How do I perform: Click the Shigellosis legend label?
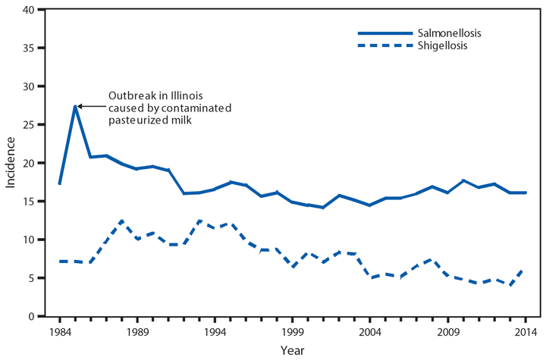click(442, 45)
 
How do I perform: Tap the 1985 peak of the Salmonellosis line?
click(75, 106)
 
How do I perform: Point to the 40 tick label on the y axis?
click(29, 10)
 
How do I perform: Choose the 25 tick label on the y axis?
click(29, 125)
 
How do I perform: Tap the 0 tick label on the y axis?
click(32, 317)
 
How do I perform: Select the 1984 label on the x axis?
click(59, 331)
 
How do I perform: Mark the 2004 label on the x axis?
click(370, 331)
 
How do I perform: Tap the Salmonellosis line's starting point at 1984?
click(59, 183)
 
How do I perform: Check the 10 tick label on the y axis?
click(29, 239)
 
